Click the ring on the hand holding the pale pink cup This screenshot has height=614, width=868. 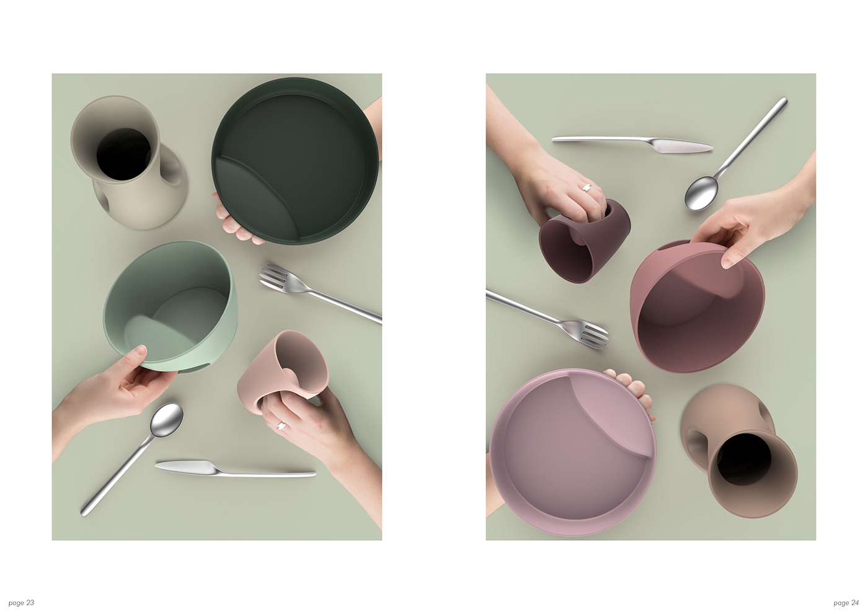[x=280, y=425]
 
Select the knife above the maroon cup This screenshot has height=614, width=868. [x=632, y=143]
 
